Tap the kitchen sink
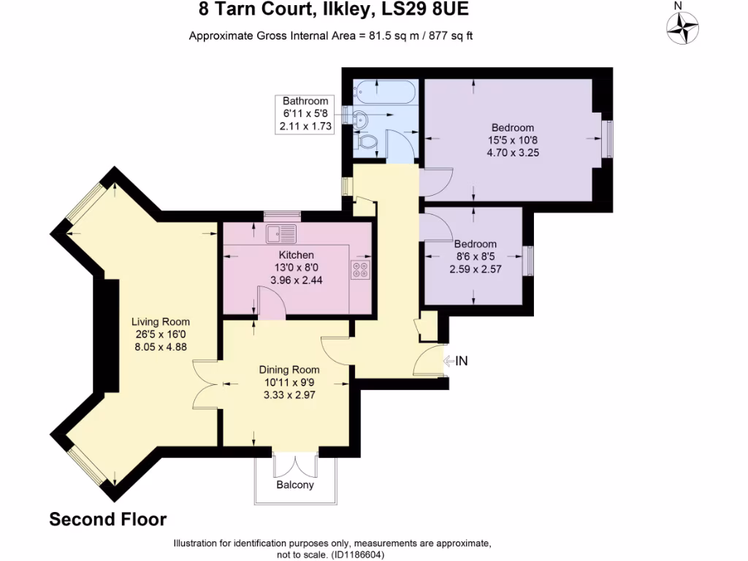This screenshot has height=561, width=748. tap(281, 234)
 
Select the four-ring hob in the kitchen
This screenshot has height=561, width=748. tap(360, 270)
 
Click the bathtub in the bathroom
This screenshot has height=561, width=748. tap(384, 93)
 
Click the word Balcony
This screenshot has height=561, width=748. tap(295, 485)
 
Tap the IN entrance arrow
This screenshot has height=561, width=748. tap(456, 360)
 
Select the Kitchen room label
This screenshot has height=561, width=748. tap(297, 255)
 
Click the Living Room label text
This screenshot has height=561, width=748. tap(161, 321)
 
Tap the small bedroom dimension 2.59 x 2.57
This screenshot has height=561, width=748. tap(475, 269)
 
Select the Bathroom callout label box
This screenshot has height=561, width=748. tap(305, 114)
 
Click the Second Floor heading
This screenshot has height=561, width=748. tap(108, 520)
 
